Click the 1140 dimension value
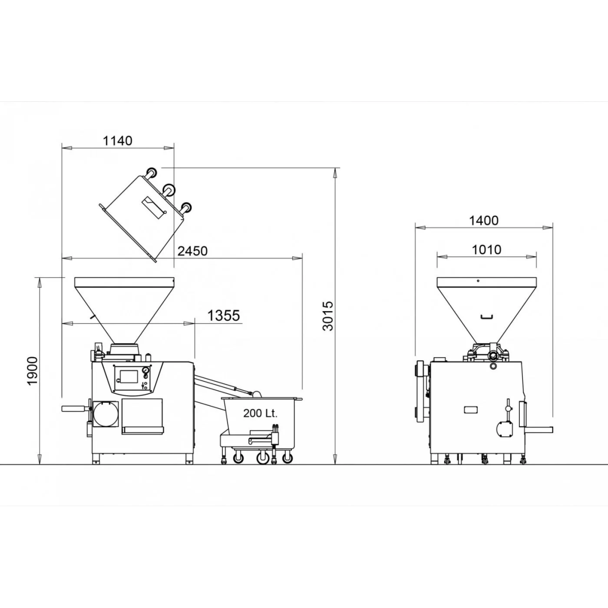coord(118,141)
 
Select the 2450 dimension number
coord(193,251)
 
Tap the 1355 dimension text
coord(224,316)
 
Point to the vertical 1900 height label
coord(32,371)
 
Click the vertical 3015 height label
coord(328,316)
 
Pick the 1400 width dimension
coord(484,220)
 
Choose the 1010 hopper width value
coord(486,250)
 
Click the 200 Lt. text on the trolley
coord(260,413)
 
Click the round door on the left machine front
coord(105,414)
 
